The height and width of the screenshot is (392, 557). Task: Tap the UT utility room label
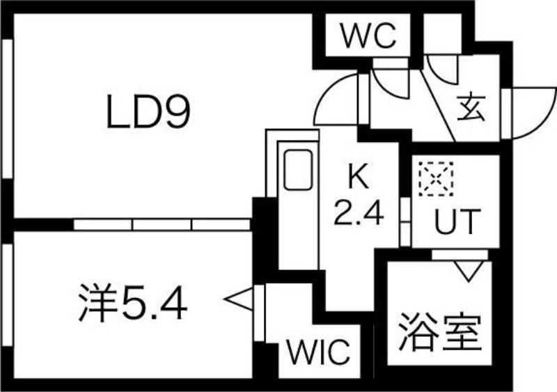click(457, 222)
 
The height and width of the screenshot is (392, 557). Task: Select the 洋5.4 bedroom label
click(132, 304)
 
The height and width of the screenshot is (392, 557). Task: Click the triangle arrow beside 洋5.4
click(237, 299)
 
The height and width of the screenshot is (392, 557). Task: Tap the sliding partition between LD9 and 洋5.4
click(162, 224)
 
